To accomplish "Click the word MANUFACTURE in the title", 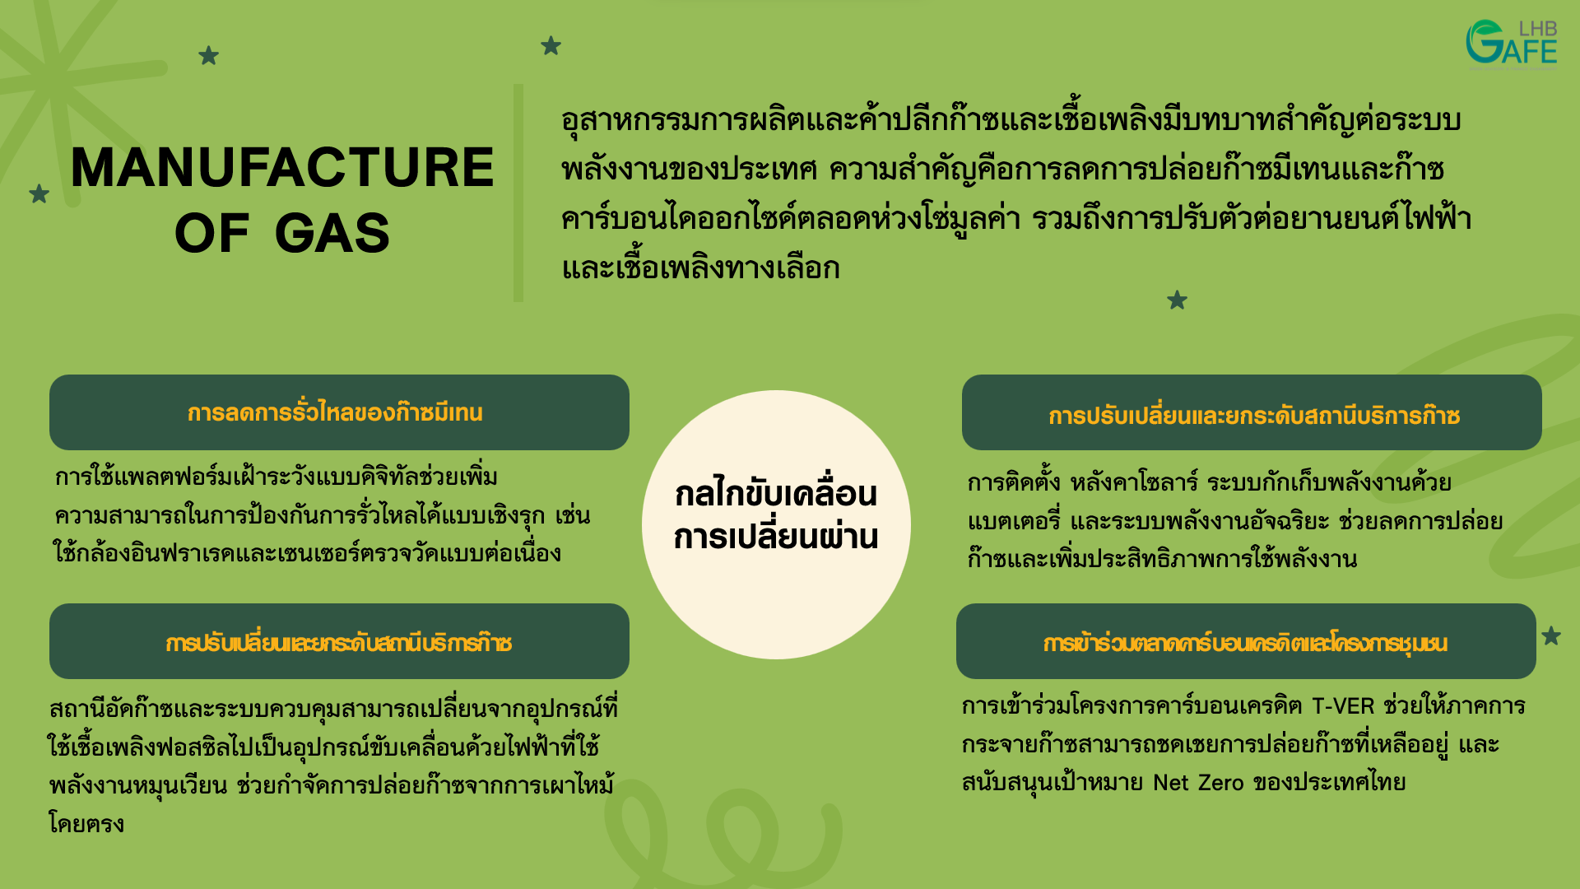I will tap(282, 168).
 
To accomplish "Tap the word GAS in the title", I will tap(332, 233).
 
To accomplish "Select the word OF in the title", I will tap(211, 233).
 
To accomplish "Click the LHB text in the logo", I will tap(1537, 29).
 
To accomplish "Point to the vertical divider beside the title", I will tap(518, 193).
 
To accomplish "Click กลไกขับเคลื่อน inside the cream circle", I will tap(776, 494).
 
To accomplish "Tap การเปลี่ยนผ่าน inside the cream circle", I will tap(776, 537).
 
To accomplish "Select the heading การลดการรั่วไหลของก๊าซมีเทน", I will tap(335, 412).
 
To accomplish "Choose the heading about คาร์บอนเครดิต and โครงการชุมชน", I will tap(1245, 643).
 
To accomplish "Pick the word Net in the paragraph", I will tap(1171, 782).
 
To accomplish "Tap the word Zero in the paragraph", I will tap(1220, 782).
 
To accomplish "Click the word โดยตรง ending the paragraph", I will tap(86, 824).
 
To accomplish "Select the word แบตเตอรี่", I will tap(1013, 521).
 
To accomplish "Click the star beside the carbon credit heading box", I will tap(1551, 635).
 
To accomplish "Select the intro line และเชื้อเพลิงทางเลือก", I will tap(700, 268).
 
